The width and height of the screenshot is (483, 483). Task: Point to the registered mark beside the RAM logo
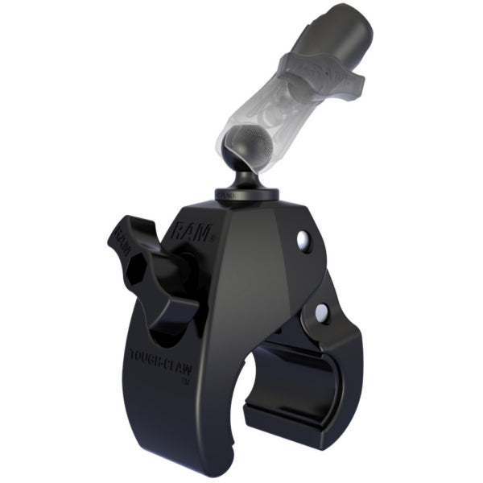(x=211, y=238)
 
